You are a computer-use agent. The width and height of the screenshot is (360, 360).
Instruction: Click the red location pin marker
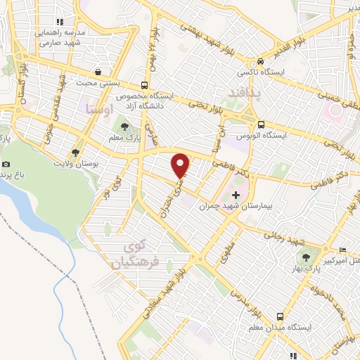[181, 165]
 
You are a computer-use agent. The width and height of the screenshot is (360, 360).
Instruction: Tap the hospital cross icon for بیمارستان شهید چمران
[236, 193]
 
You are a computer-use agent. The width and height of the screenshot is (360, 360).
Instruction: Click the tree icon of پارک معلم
[125, 127]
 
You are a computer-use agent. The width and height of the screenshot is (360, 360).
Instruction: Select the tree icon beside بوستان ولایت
[75, 152]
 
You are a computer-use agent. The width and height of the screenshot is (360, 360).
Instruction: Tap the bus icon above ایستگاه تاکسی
[260, 61]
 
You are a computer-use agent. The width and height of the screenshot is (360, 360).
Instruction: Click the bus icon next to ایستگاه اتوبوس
[261, 122]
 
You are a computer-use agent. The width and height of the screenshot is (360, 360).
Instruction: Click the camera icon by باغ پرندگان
[6, 164]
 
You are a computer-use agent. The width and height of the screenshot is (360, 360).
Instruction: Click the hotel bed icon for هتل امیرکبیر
[342, 250]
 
